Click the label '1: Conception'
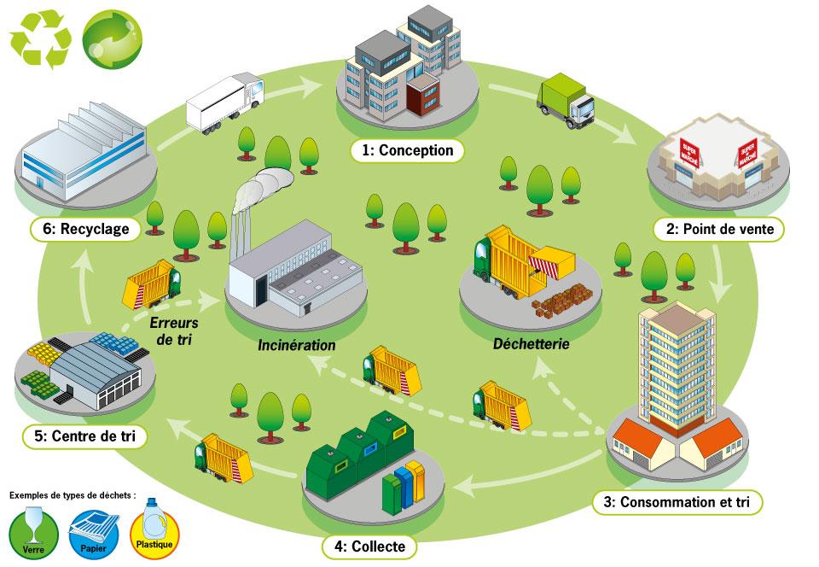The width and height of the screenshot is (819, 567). (408, 150)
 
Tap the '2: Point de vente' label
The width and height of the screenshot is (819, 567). (718, 229)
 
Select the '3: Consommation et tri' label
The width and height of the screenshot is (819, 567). (677, 501)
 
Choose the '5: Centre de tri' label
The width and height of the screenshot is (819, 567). (84, 437)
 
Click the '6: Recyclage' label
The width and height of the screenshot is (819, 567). (84, 229)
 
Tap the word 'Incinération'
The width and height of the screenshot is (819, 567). (297, 346)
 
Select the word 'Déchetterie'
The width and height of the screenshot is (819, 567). (531, 346)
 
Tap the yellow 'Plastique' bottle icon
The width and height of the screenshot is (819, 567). (154, 534)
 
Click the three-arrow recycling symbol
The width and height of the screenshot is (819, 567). (39, 38)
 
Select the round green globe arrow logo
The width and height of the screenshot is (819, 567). (112, 38)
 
